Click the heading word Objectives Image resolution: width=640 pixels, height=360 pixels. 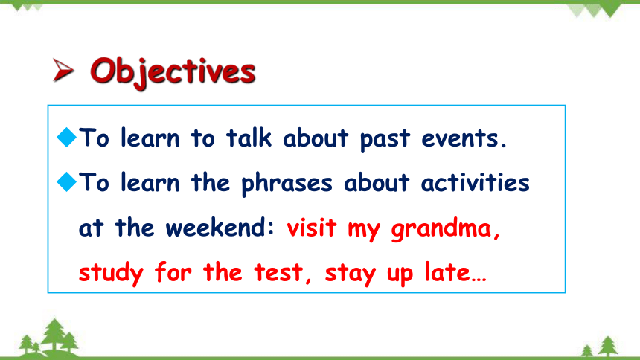coord(173,73)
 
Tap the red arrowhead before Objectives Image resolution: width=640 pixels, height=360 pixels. coord(63,70)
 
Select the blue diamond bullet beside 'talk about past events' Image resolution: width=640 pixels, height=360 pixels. coord(66,137)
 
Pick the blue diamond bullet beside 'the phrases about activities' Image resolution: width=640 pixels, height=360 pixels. coord(66,181)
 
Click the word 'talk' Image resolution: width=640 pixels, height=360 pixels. coord(249,138)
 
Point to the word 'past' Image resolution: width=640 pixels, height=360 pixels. coord(385,140)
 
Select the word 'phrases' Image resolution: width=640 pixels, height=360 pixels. coord(287,184)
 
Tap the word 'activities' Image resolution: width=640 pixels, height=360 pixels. coord(475,182)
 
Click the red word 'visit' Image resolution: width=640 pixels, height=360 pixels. coord(311,228)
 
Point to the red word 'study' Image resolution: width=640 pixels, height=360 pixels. coord(111,274)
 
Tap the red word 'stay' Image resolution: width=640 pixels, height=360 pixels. coord(351,274)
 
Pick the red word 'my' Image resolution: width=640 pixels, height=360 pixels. coord(364,231)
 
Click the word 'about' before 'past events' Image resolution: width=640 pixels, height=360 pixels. coord(316,138)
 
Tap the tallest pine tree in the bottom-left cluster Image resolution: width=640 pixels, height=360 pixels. coord(54,335)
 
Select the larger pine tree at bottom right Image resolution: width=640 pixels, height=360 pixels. coord(608,346)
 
